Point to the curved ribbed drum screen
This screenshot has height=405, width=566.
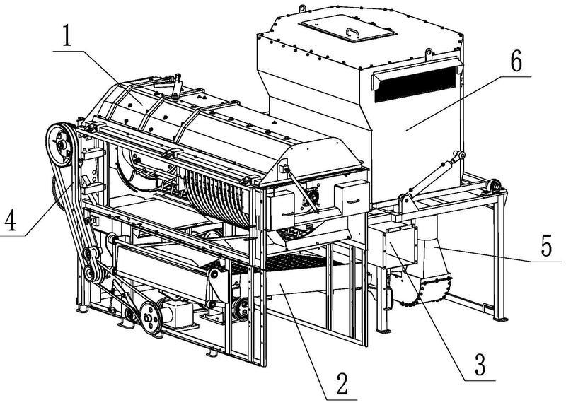click(216, 197)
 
